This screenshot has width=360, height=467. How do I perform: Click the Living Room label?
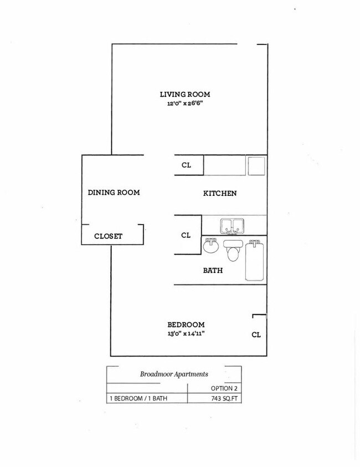coord(185,95)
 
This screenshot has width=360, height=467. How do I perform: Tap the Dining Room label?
coord(114,193)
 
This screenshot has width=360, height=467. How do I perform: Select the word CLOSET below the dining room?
coord(108,236)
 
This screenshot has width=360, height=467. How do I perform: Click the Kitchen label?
coord(220,193)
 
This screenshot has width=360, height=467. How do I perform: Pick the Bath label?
coord(213,271)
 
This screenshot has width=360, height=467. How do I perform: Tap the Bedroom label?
coord(186,325)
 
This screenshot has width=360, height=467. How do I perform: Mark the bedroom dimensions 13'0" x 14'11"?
coord(186,334)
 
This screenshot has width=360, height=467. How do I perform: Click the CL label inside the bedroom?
coord(256,335)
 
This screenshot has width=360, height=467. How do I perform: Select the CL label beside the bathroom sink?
coord(186,235)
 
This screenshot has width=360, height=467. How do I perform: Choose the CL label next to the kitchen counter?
coord(187,165)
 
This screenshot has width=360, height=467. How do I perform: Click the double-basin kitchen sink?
coord(233,226)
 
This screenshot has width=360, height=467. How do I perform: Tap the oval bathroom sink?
coord(211,246)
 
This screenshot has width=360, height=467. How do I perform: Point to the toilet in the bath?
coord(233,251)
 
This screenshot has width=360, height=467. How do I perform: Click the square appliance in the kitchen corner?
coord(256,165)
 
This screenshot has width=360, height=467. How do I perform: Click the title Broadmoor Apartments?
coord(174,374)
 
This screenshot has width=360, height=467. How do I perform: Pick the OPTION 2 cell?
coord(225,388)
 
